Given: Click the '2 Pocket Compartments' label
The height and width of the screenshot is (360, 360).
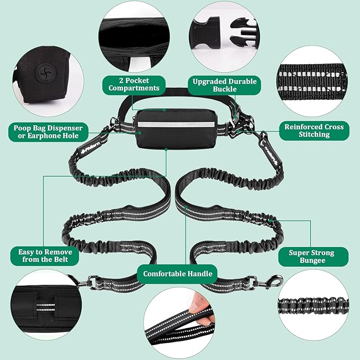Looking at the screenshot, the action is click(134, 84).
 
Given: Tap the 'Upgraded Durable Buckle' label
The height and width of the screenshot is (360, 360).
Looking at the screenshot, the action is click(224, 85).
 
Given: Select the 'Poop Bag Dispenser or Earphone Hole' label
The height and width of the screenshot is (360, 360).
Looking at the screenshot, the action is click(48, 132).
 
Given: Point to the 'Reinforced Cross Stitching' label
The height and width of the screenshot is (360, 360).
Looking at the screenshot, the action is click(314, 130).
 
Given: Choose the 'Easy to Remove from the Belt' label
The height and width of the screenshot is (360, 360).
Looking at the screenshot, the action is click(45, 256).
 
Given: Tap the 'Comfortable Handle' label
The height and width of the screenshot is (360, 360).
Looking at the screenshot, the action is click(178, 274).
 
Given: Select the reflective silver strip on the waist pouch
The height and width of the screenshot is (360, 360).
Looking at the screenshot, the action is click(176, 125).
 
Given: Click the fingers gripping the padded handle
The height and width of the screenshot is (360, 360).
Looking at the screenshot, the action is click(201, 306).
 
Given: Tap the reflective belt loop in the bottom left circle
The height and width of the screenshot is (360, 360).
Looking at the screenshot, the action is click(46, 308).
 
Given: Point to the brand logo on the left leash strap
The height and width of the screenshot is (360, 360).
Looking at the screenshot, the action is click(91, 147).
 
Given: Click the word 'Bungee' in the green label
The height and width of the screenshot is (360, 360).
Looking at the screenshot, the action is click(312, 260).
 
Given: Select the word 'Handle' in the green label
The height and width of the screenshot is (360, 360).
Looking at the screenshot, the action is click(199, 274).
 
